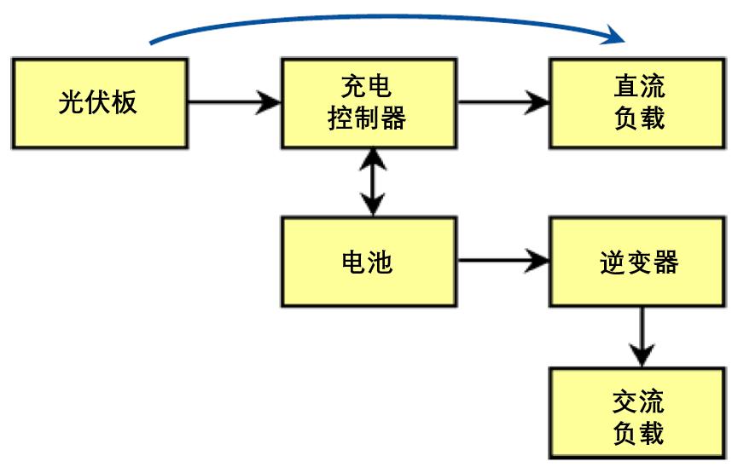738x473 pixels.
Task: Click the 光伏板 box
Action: [100, 103]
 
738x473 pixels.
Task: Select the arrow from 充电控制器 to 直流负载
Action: [503, 103]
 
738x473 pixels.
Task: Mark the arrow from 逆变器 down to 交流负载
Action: [641, 337]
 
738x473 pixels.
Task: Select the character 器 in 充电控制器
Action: [393, 118]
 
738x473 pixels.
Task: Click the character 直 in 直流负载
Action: [625, 87]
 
